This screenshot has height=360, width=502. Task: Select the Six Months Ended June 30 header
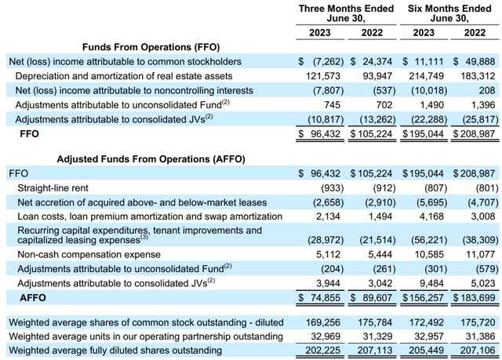(450, 13)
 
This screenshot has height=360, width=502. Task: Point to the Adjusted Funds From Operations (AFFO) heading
(151, 158)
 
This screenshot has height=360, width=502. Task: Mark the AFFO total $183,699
(475, 297)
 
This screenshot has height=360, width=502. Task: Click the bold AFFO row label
(34, 297)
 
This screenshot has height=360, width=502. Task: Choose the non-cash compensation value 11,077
(480, 253)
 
